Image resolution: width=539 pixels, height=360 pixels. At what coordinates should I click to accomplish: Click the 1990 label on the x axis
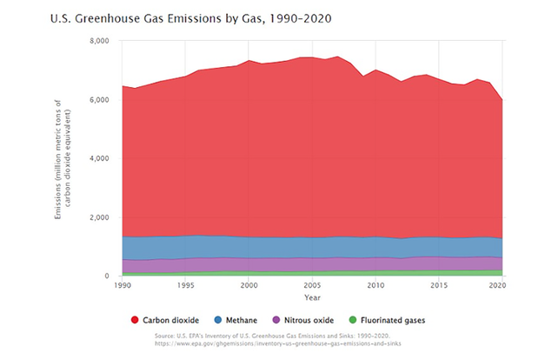(122, 285)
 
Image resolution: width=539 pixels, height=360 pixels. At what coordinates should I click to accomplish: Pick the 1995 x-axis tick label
(185, 285)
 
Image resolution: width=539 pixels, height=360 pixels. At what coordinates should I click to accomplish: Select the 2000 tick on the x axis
(249, 285)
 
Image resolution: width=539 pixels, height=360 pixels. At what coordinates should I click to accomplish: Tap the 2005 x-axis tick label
(312, 285)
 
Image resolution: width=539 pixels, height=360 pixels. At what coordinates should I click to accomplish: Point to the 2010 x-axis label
(376, 285)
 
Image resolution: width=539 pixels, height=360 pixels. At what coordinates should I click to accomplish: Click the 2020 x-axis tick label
(500, 285)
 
